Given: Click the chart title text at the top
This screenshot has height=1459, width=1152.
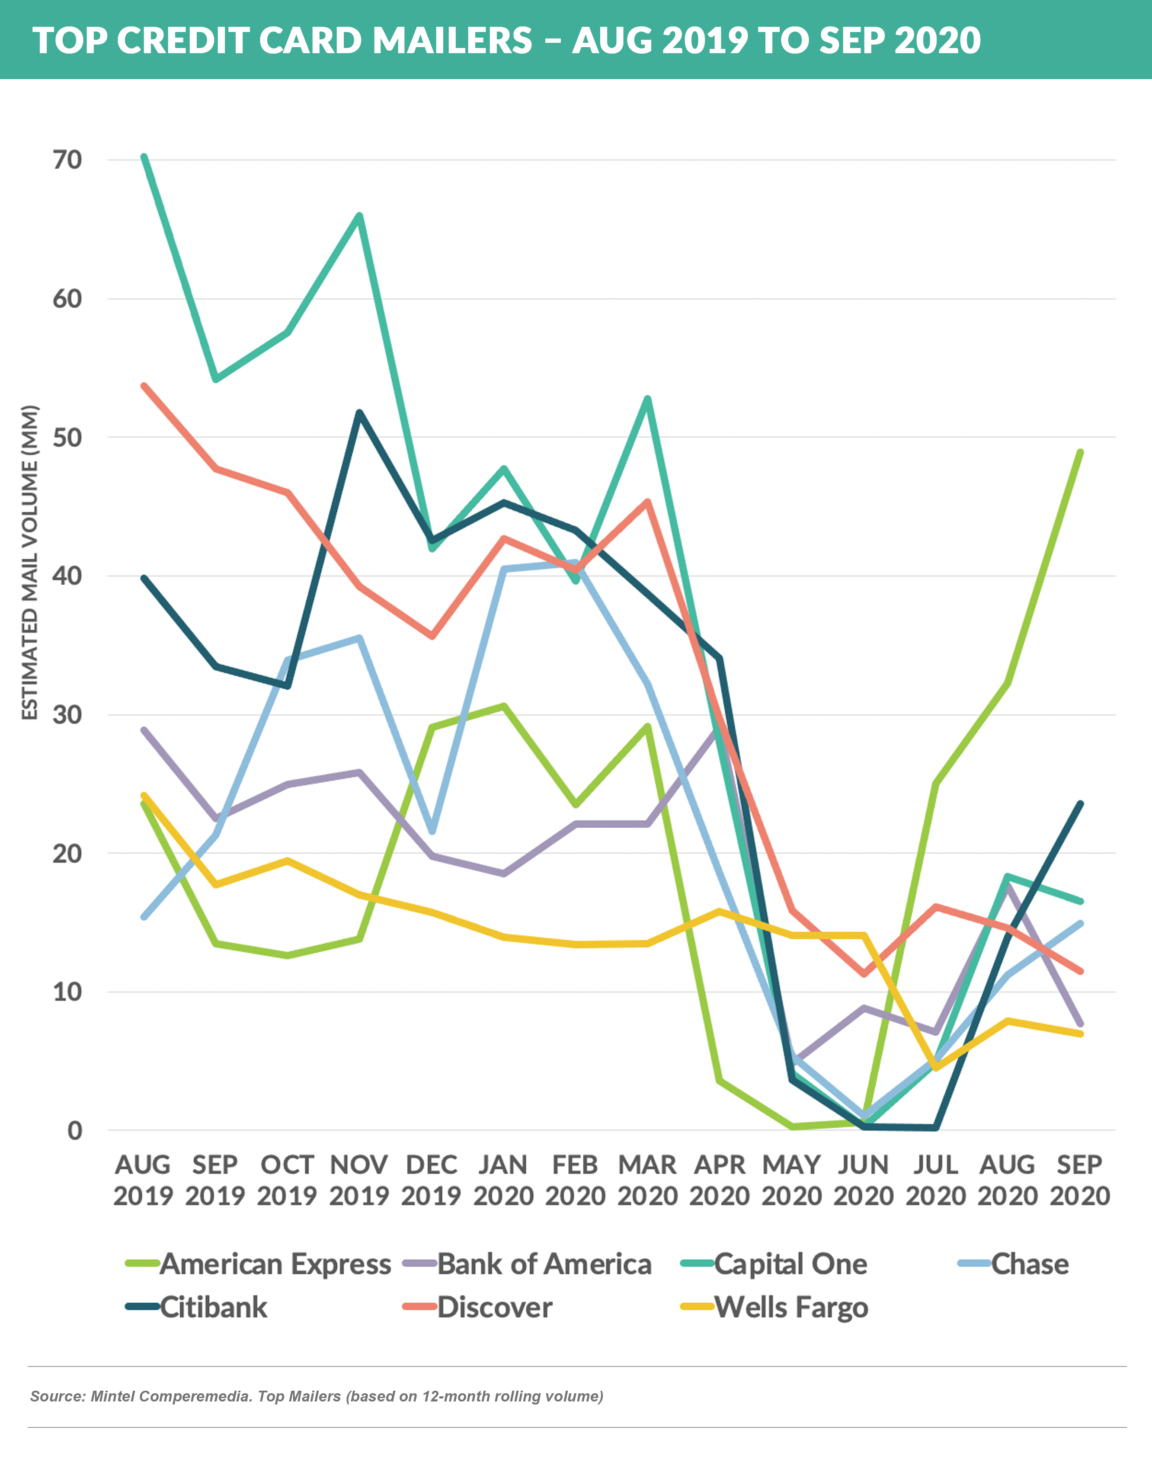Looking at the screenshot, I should (506, 41).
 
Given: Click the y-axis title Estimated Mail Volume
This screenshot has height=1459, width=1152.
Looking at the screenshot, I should (30, 563).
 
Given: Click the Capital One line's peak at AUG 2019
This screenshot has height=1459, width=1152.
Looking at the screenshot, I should (144, 157).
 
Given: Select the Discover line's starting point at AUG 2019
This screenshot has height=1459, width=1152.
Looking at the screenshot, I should (144, 386).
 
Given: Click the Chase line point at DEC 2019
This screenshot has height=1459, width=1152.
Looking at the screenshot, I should (432, 832).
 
